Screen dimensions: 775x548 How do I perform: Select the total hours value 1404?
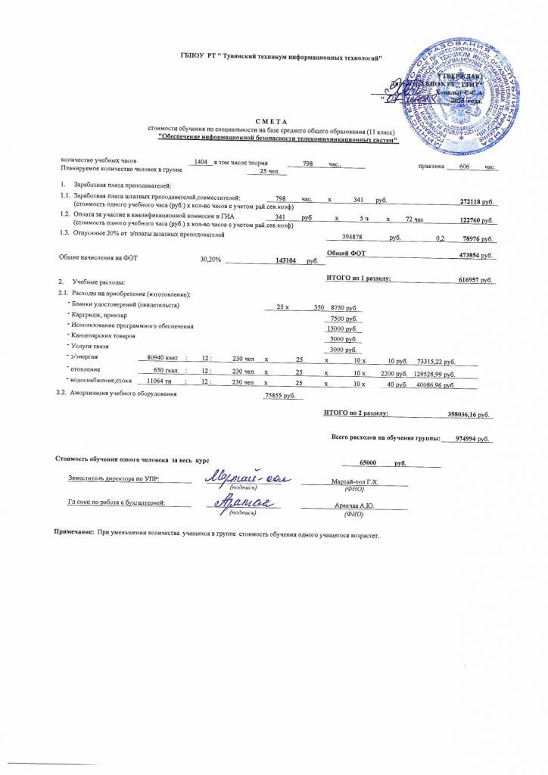click(200, 163)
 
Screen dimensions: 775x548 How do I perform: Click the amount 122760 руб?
click(476, 220)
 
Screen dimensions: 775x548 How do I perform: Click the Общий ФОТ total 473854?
click(476, 256)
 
